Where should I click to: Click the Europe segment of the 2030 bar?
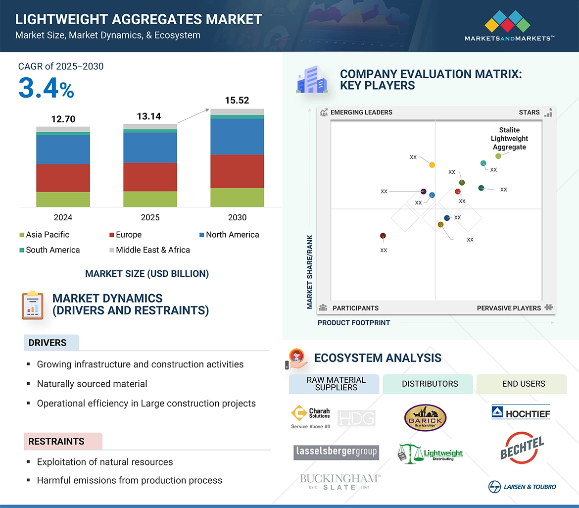coord(237,171)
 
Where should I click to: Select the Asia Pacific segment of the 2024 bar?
coord(63,199)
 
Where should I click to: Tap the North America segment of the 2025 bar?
coord(150,148)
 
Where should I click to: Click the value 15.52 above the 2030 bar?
coord(237,101)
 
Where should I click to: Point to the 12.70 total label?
coord(63,119)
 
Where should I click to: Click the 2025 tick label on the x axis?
coord(150,217)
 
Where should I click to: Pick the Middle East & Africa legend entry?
coord(149,250)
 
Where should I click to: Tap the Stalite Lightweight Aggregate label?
coord(509,139)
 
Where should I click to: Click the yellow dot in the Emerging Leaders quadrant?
coord(432,165)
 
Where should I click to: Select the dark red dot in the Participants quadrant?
coord(383,236)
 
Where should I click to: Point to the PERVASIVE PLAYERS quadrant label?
coord(509,308)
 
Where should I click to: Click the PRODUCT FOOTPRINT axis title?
coord(354,323)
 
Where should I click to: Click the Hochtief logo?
coord(521,412)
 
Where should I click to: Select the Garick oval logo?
coord(425,418)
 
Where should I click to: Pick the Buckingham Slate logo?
coord(340,482)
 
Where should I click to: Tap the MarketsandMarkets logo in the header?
coord(509,27)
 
